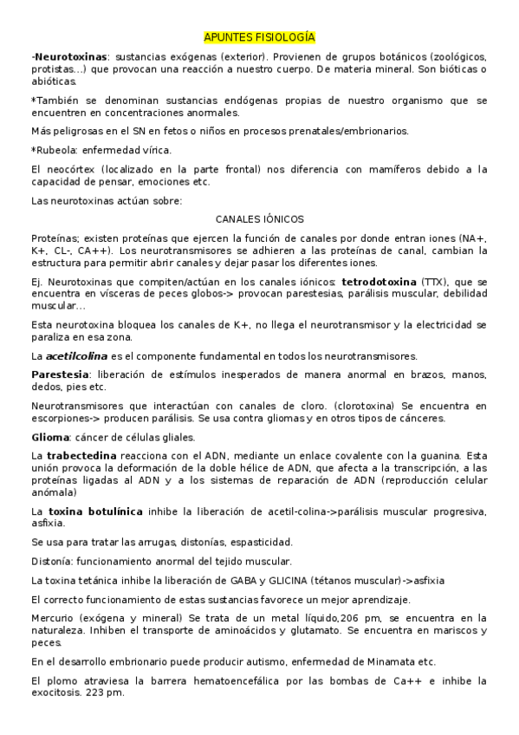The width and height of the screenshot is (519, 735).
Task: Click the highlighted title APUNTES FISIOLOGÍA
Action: [259, 37]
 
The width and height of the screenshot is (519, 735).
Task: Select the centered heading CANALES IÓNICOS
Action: [259, 219]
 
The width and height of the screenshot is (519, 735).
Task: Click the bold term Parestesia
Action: [61, 374]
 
